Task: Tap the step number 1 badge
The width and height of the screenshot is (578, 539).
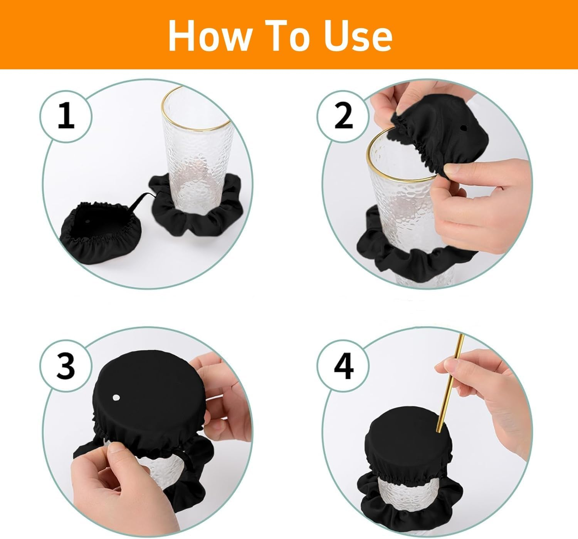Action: point(66,116)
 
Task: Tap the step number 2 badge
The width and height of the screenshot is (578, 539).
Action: point(343,116)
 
